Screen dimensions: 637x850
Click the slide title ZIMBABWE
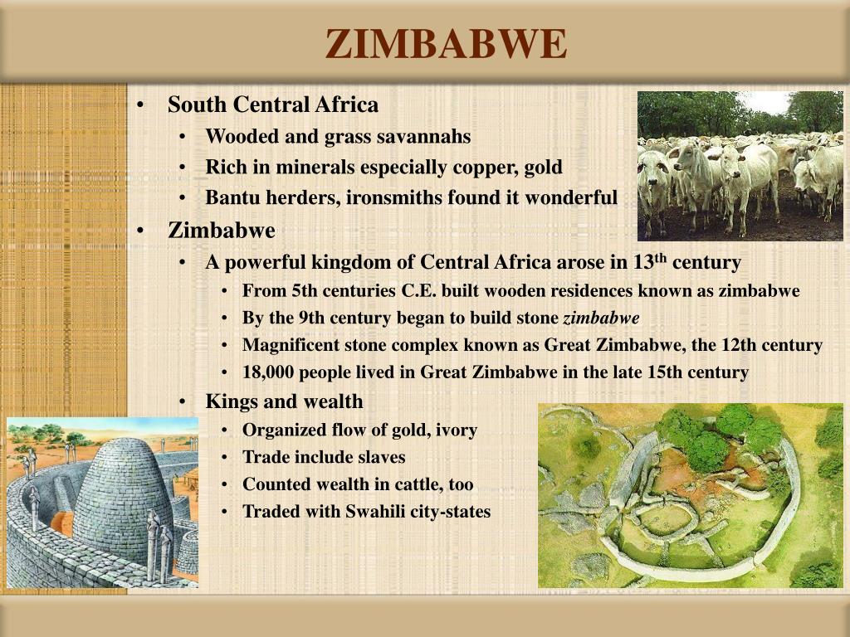pyautogui.click(x=446, y=44)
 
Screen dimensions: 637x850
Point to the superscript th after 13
pyautogui.click(x=660, y=258)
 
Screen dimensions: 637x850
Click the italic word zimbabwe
pyautogui.click(x=602, y=318)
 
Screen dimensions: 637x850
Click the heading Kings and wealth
pyautogui.click(x=284, y=401)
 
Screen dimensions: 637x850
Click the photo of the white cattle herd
pyautogui.click(x=740, y=166)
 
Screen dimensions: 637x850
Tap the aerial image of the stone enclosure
pyautogui.click(x=690, y=495)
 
